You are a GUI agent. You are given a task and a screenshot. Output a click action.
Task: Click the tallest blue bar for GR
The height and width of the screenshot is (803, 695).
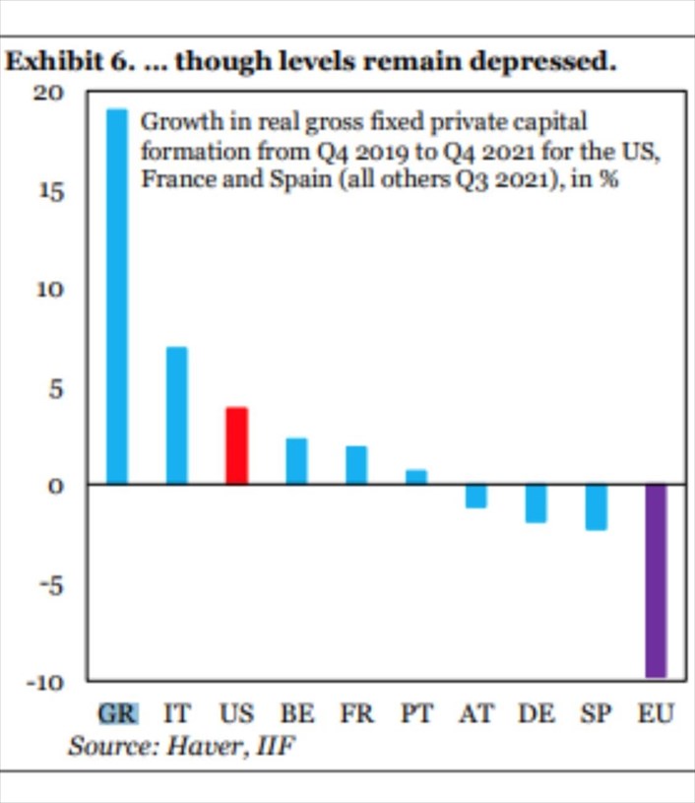pyautogui.click(x=117, y=296)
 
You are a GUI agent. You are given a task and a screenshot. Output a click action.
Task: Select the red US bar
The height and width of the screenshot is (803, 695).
pyautogui.click(x=237, y=445)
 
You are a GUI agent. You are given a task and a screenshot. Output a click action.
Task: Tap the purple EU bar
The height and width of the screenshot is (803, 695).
pyautogui.click(x=656, y=580)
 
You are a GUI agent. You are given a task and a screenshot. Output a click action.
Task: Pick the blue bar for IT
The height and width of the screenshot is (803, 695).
pyautogui.click(x=177, y=416)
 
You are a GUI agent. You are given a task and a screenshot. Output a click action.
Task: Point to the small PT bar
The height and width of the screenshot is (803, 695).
pyautogui.click(x=416, y=477)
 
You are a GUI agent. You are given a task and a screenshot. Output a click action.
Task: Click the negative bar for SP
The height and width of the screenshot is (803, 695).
pyautogui.click(x=597, y=507)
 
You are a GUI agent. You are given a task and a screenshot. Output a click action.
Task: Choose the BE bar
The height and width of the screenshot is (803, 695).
pyautogui.click(x=297, y=461)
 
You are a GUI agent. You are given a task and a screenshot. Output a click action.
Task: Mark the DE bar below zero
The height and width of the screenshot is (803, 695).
pyautogui.click(x=537, y=503)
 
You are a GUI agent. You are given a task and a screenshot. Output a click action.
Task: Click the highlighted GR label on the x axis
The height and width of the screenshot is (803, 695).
pyautogui.click(x=118, y=713)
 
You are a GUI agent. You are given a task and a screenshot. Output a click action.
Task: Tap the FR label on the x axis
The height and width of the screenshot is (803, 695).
pyautogui.click(x=356, y=713)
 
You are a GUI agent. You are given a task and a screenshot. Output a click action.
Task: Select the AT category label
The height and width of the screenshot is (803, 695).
pyautogui.click(x=476, y=713)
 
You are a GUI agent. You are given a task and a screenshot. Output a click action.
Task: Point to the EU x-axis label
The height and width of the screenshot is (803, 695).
pyautogui.click(x=656, y=713)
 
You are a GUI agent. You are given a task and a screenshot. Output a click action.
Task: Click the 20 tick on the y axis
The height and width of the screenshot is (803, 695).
pyautogui.click(x=49, y=94)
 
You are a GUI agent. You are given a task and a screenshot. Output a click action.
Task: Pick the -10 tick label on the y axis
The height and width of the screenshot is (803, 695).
pyautogui.click(x=46, y=683)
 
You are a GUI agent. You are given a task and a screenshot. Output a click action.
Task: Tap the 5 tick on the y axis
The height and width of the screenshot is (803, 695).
pyautogui.click(x=56, y=389)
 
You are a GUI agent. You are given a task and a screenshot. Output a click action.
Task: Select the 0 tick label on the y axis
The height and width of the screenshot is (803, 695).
pyautogui.click(x=56, y=486)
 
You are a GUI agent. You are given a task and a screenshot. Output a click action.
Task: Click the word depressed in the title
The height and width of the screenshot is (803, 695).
pyautogui.click(x=542, y=61)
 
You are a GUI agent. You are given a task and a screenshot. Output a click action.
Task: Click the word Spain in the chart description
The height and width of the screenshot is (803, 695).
pyautogui.click(x=300, y=179)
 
